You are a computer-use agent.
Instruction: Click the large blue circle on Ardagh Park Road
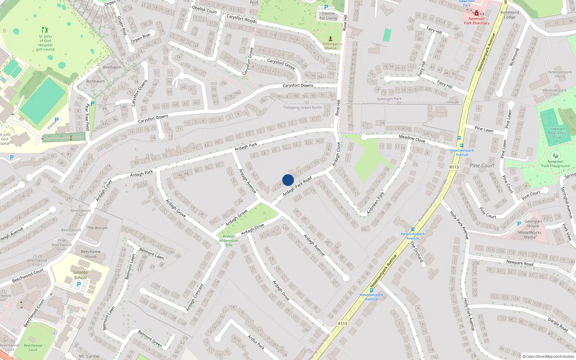tap(288, 180)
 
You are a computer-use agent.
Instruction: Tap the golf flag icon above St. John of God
tap(45, 30)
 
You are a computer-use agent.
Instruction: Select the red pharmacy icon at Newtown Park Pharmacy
tap(477, 13)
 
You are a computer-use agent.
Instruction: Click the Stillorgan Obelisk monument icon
tap(330, 39)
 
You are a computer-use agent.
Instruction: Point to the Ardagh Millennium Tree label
tap(229, 240)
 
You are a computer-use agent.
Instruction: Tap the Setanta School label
tap(80, 275)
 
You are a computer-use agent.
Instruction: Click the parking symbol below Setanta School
tap(79, 284)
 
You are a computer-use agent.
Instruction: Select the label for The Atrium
tap(97, 228)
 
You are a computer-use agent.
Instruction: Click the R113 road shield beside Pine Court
tap(454, 167)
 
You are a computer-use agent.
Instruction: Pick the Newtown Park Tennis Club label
tap(557, 133)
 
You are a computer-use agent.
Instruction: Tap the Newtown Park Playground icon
tap(555, 156)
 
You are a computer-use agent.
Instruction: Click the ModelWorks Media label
tap(530, 235)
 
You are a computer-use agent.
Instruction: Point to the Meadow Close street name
tap(412, 139)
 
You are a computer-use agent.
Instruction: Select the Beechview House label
tap(91, 254)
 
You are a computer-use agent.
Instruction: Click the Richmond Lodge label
tap(510, 15)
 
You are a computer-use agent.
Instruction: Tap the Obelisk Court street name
tap(204, 10)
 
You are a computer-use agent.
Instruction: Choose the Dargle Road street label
tap(558, 324)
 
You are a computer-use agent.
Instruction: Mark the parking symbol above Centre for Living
tap(326, 7)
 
